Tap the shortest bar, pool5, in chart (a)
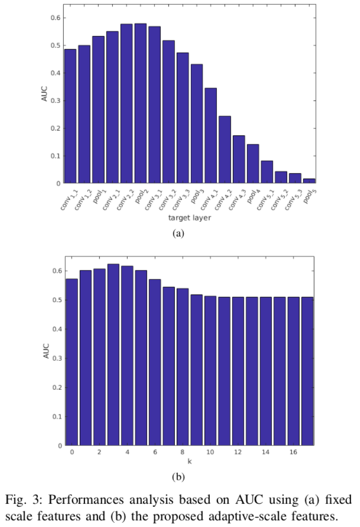coord(309,181)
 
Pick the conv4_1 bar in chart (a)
coord(210,136)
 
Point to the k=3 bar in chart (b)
coord(113,355)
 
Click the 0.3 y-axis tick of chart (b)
coord(54,358)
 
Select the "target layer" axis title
coord(189,218)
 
